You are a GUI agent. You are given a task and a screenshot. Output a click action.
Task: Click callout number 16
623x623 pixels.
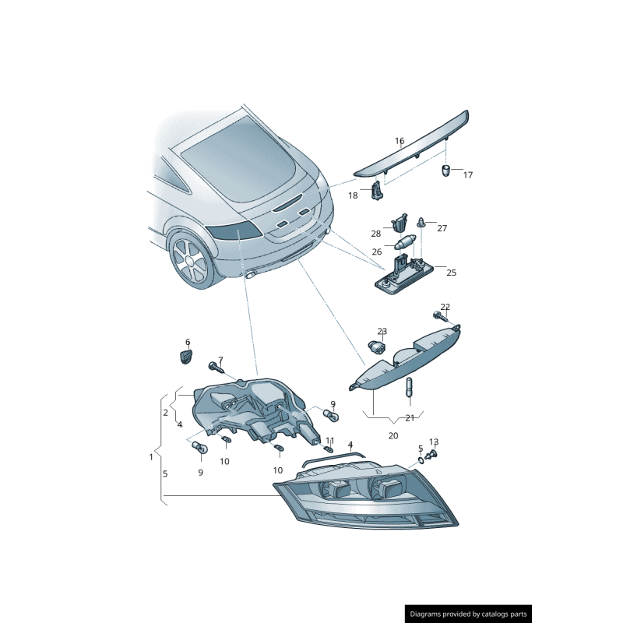399,141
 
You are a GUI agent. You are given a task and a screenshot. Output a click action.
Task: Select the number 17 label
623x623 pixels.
468,174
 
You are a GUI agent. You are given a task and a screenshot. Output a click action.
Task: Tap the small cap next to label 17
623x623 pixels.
446,171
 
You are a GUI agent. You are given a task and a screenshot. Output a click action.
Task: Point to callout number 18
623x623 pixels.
353,195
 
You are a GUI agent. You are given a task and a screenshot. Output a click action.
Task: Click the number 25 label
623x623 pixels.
452,273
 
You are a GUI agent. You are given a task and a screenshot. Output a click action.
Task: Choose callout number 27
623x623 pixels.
442,228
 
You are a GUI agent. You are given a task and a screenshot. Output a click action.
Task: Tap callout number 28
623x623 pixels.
376,234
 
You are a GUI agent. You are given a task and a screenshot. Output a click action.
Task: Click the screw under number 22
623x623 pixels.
440,317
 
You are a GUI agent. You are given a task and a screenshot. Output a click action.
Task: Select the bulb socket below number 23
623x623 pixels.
378,348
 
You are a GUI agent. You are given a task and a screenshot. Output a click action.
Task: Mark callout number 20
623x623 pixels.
393,436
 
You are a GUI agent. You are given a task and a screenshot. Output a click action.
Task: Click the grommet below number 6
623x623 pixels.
184,357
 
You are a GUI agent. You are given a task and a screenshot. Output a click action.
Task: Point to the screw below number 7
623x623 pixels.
216,367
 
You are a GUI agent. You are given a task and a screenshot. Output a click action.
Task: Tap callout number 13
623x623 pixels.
434,442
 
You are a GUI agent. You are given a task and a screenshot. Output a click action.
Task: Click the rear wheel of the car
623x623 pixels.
192,259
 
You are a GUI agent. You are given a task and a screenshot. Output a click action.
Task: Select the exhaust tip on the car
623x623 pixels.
251,274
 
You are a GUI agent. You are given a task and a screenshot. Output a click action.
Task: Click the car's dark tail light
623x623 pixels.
233,231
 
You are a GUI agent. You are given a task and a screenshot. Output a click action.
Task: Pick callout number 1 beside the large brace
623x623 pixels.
151,457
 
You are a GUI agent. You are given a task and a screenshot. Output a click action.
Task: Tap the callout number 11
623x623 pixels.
330,441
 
